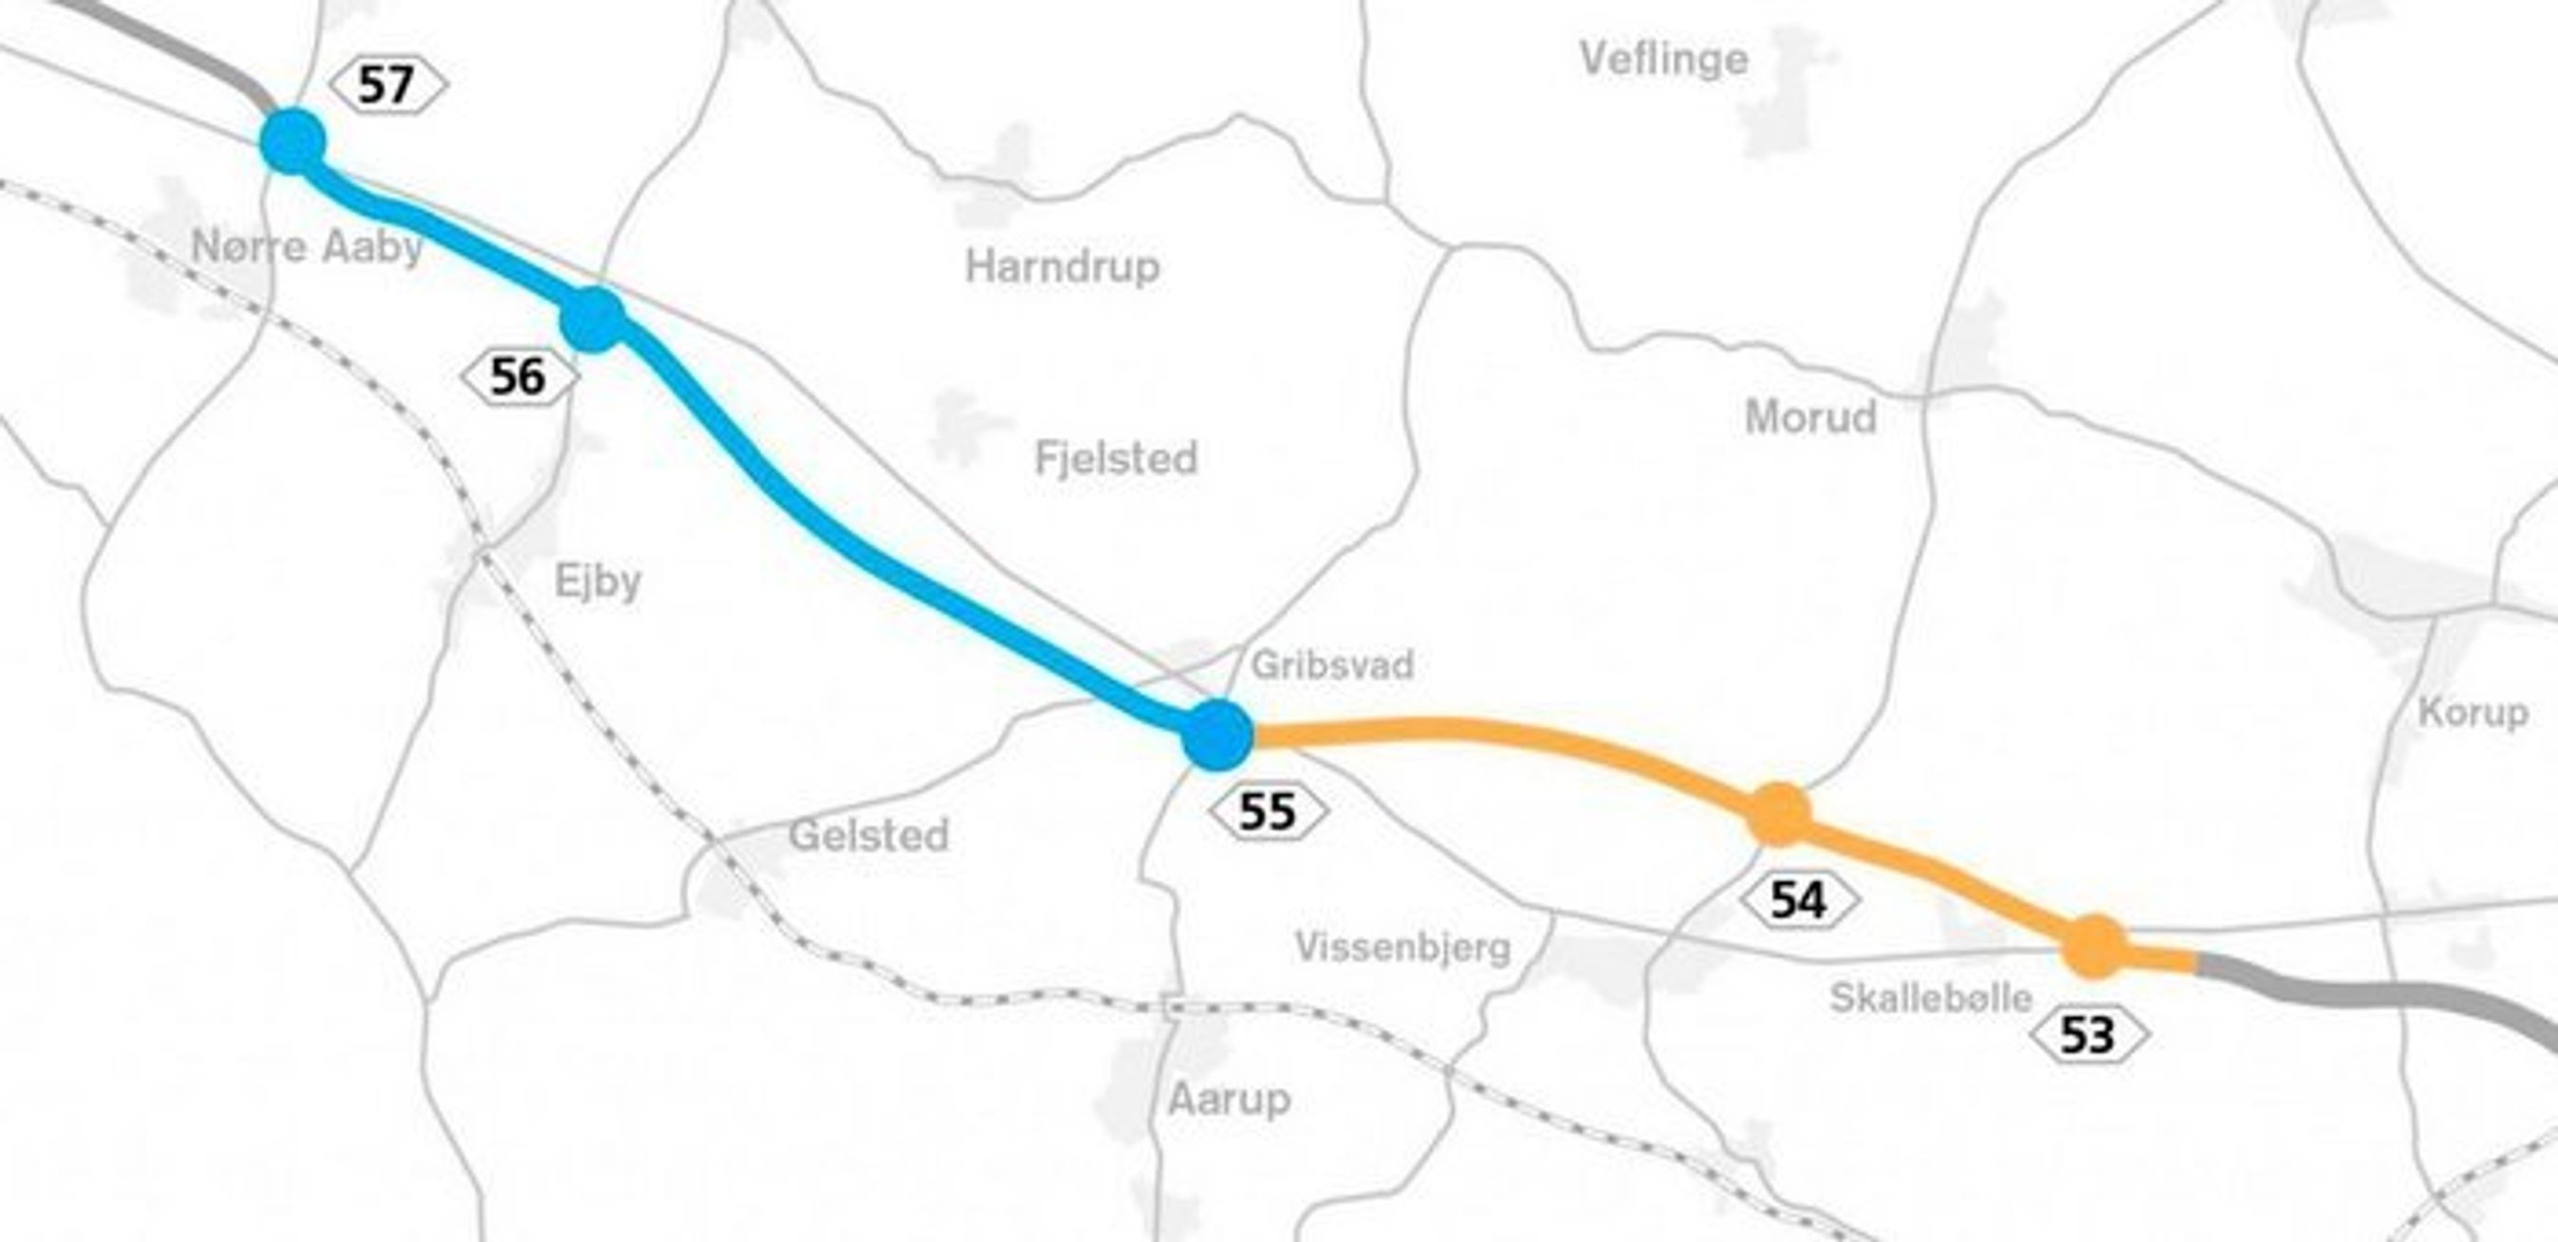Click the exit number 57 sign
pyautogui.click(x=387, y=85)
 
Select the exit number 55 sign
pyautogui.click(x=1268, y=812)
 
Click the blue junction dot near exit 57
pyautogui.click(x=293, y=142)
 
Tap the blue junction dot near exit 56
pyautogui.click(x=593, y=320)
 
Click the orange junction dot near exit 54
pyautogui.click(x=1779, y=814)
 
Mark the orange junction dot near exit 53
pyautogui.click(x=2095, y=946)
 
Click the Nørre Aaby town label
pyautogui.click(x=306, y=246)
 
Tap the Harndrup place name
pyautogui.click(x=1063, y=267)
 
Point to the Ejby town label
pyautogui.click(x=598, y=582)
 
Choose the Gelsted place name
pyautogui.click(x=869, y=836)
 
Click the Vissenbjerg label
pyautogui.click(x=1403, y=948)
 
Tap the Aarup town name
pyautogui.click(x=1230, y=1099)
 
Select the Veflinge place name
pyautogui.click(x=1664, y=60)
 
